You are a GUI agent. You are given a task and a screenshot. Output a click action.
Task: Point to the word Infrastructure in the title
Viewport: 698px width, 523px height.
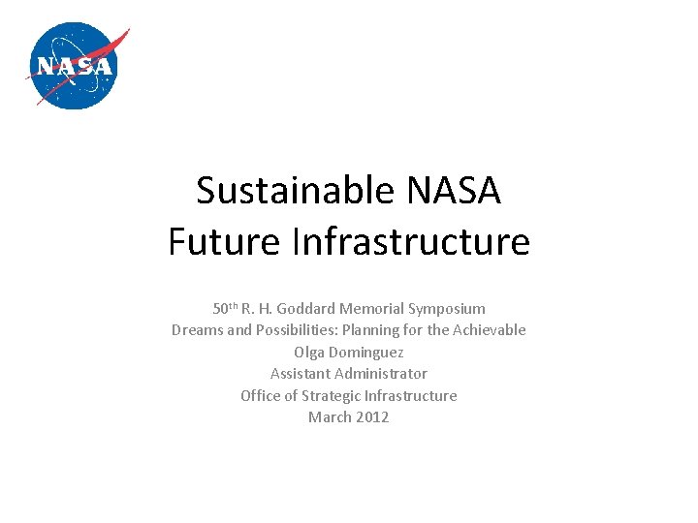tap(411, 241)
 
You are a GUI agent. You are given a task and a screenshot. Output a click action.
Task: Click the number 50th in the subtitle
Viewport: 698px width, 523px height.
tap(225, 309)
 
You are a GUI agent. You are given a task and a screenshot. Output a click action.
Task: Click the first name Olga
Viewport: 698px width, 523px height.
tap(309, 353)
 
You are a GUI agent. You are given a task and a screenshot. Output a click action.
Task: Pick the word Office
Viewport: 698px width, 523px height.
tap(262, 396)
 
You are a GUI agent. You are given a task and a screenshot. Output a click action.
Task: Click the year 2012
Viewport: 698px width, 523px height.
tap(372, 417)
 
